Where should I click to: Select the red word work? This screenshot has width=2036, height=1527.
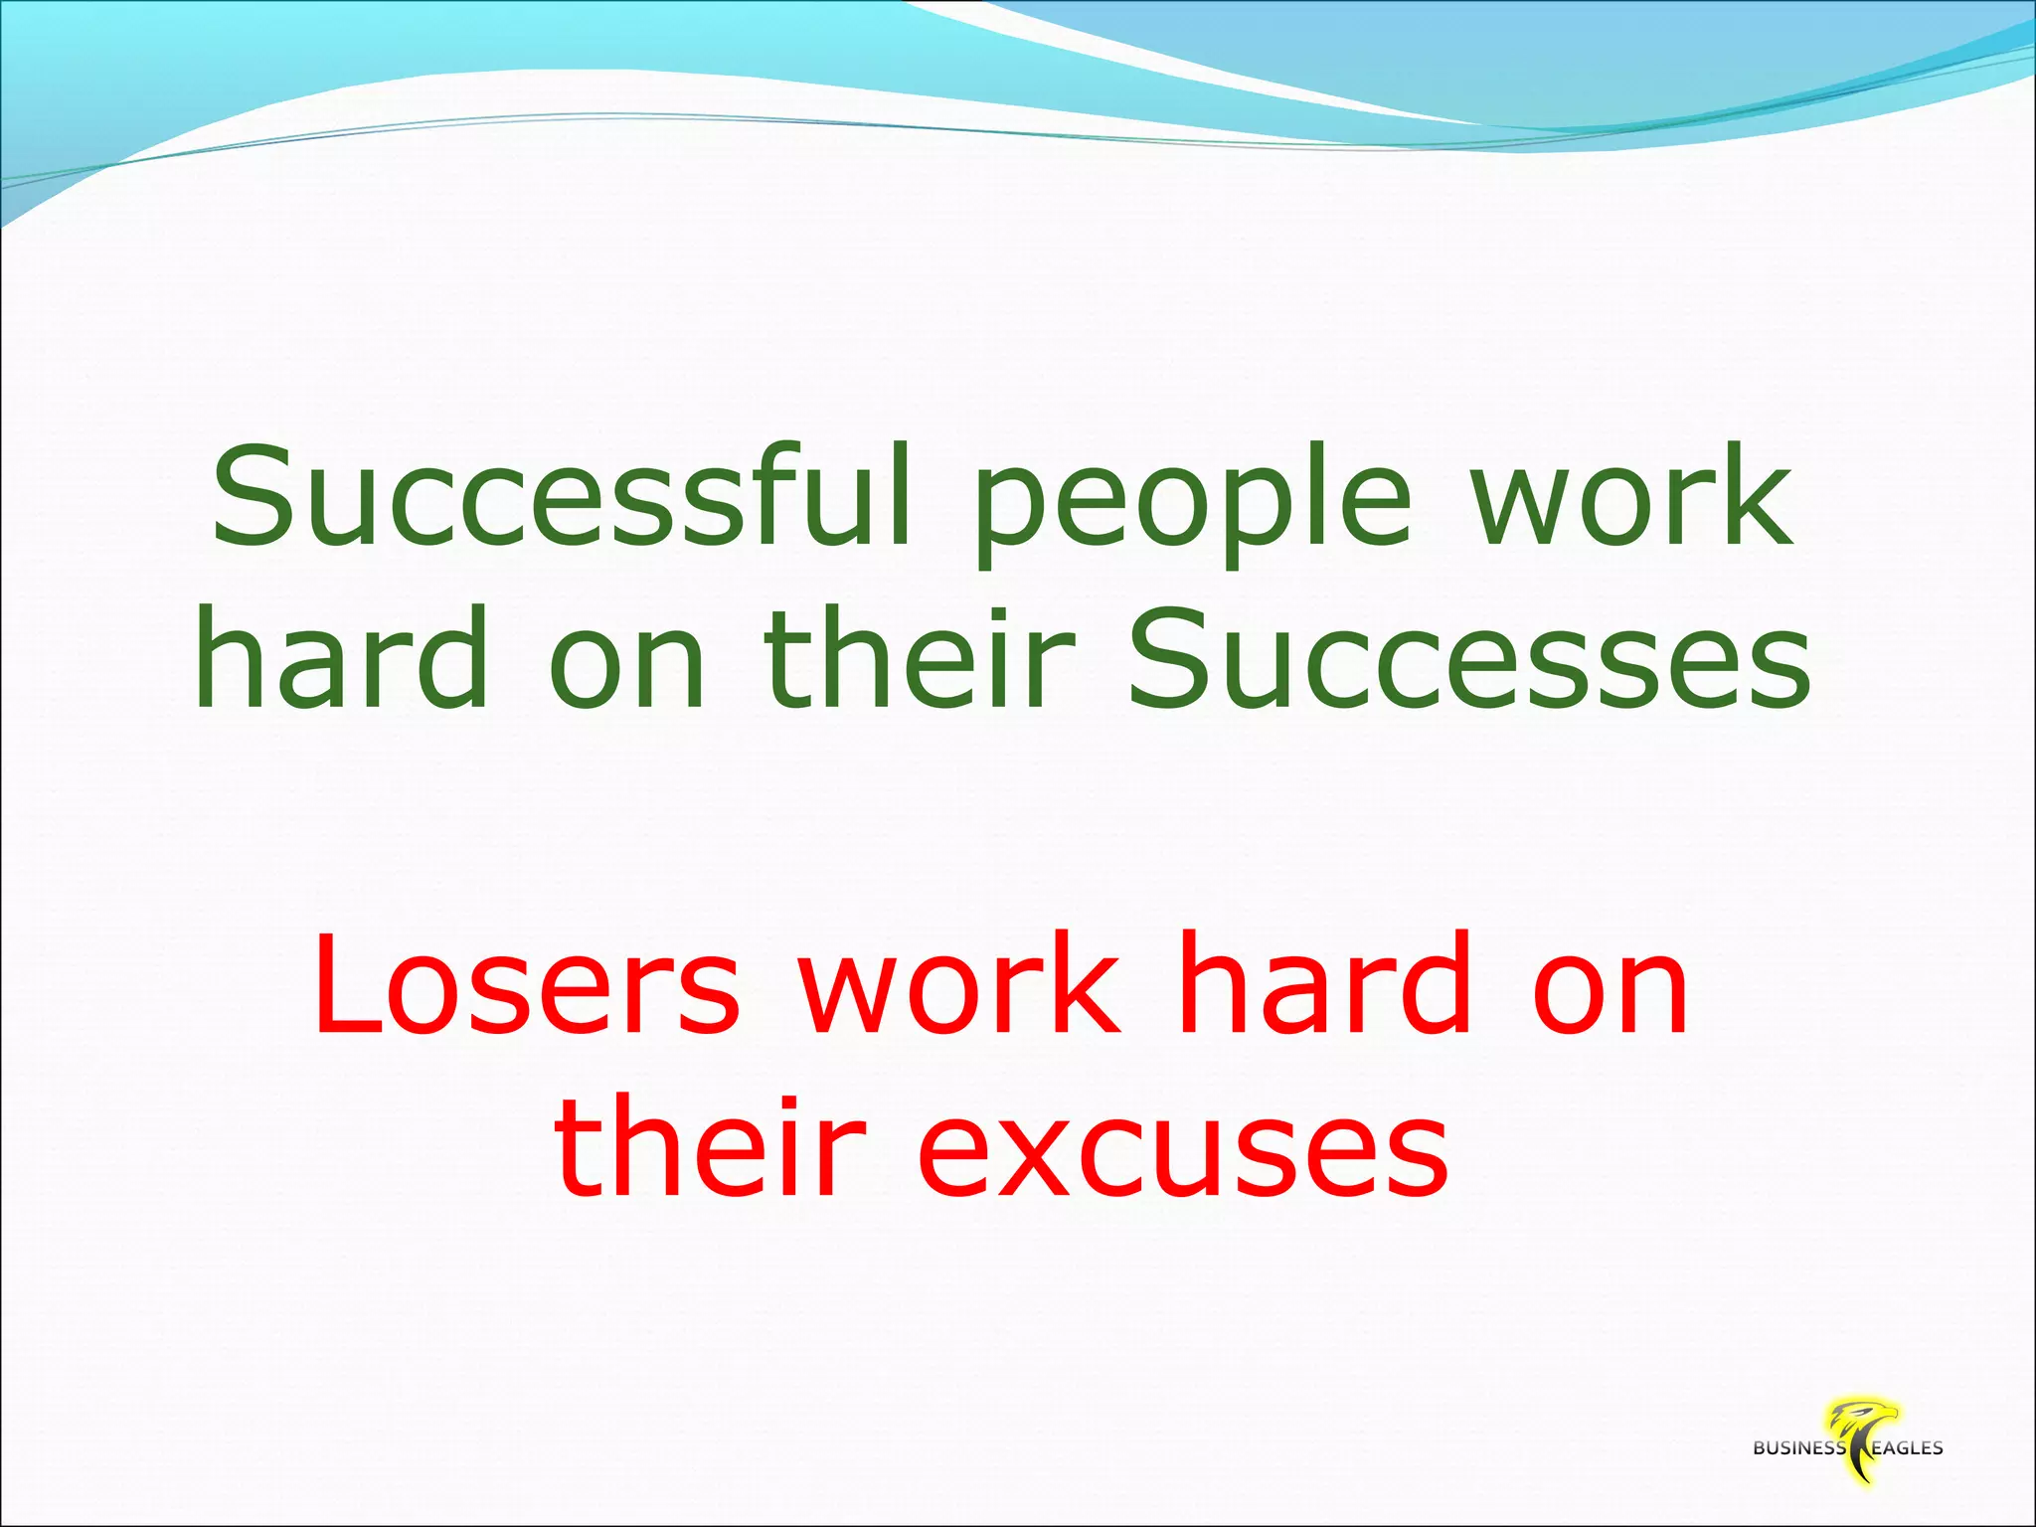[960, 984]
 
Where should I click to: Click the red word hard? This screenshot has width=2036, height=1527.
[1323, 984]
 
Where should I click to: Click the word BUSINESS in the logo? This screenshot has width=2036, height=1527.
[1798, 1448]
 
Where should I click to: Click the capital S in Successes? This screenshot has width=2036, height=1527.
[1172, 661]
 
